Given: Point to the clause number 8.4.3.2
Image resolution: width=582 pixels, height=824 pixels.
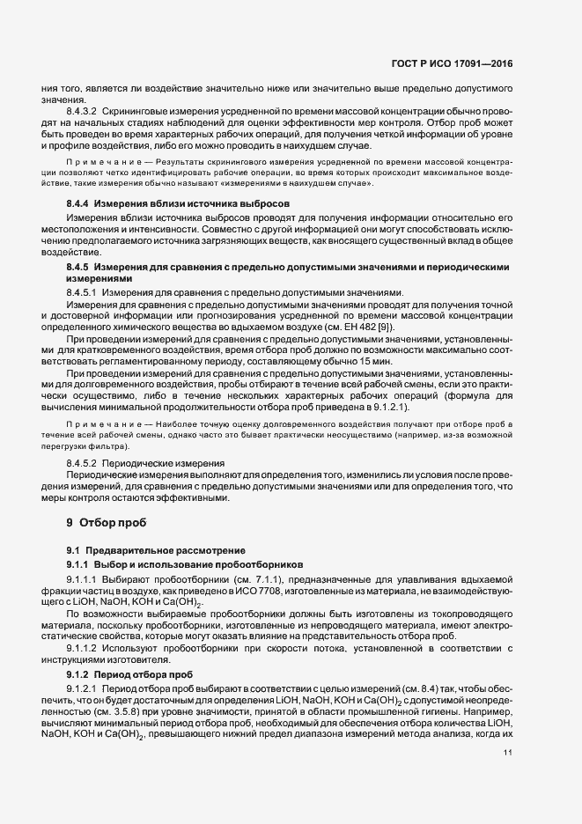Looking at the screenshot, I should point(83,114).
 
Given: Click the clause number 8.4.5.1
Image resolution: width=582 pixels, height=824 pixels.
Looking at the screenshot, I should point(83,292).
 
